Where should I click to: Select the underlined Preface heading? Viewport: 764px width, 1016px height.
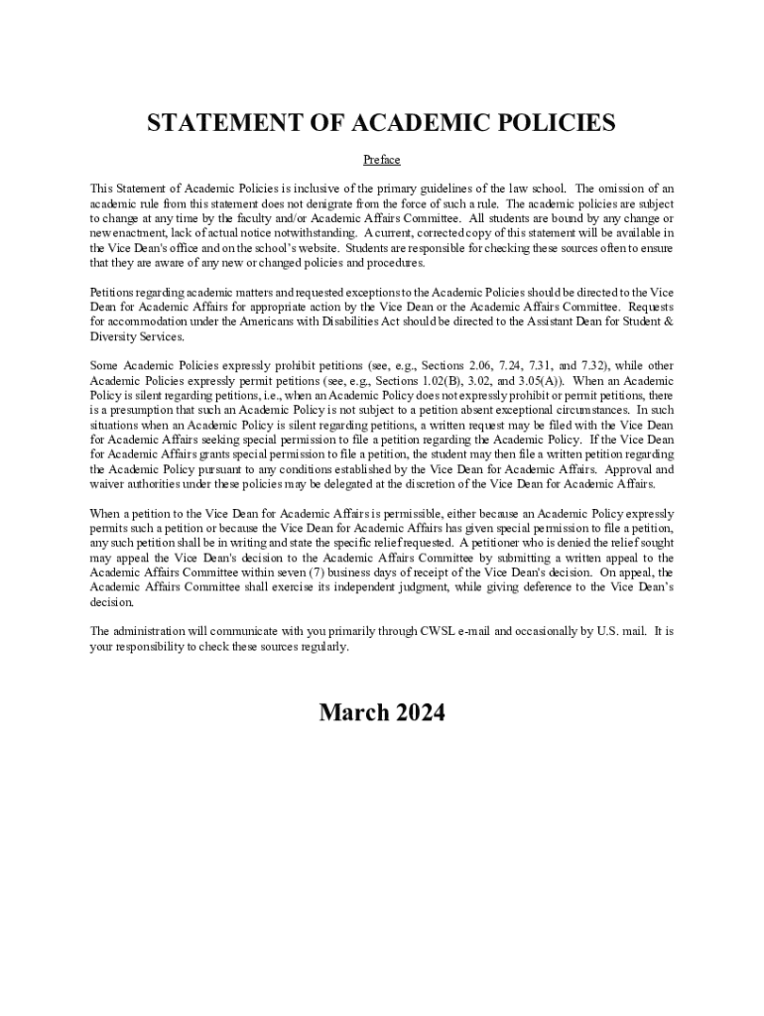(x=381, y=160)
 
